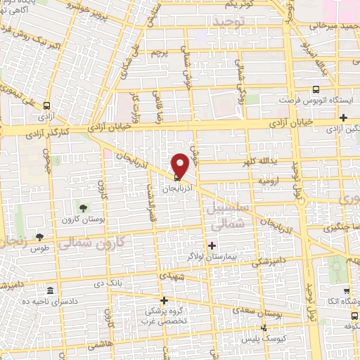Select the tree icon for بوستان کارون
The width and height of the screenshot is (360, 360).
tap(84, 207)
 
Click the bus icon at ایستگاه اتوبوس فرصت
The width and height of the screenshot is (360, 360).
tap(316, 90)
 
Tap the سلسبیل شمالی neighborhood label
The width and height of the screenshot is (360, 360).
tap(226, 216)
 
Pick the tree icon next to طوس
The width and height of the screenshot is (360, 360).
tap(39, 237)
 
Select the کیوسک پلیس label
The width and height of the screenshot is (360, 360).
tap(293, 337)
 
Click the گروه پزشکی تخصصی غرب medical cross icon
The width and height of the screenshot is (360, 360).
tap(165, 300)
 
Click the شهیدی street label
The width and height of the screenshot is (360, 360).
tap(172, 277)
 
